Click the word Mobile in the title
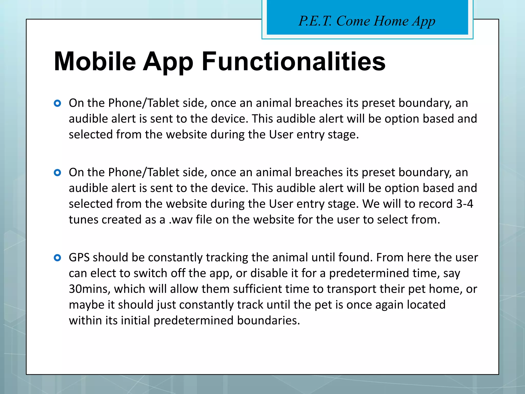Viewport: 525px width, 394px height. click(x=95, y=62)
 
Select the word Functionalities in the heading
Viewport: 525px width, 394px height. click(x=294, y=62)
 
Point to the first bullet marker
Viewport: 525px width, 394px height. click(x=57, y=103)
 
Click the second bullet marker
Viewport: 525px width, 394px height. click(x=57, y=173)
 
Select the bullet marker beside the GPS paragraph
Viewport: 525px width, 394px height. click(x=57, y=258)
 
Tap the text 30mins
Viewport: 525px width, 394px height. click(x=89, y=289)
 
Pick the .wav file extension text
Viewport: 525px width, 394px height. click(x=180, y=220)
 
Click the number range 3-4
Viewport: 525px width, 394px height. click(x=465, y=204)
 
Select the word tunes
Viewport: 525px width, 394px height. click(x=83, y=220)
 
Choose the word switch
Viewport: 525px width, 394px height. click(x=150, y=273)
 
